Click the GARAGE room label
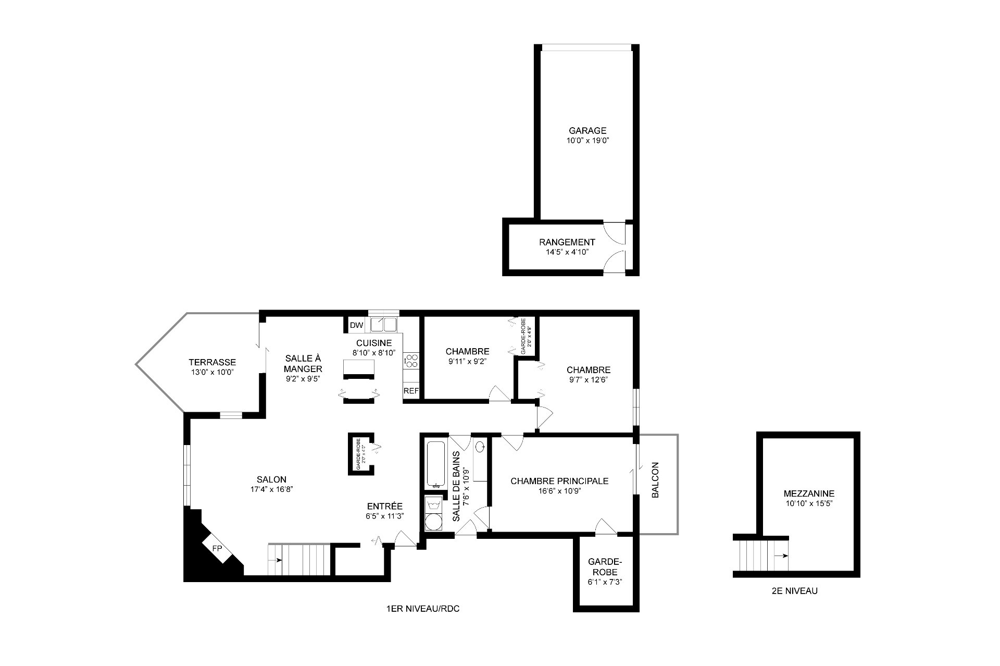coord(587,131)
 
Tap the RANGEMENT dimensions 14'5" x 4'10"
coord(567,252)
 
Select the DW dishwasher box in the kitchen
coord(356,325)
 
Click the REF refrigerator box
coord(411,391)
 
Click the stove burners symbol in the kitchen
coord(411,360)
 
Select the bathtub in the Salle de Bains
coord(435,463)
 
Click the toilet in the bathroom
coord(480,446)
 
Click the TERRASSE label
coord(212,362)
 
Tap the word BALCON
coord(655,480)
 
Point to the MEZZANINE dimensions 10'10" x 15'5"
coord(809,503)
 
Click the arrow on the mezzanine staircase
coord(780,556)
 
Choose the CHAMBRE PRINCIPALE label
coord(559,481)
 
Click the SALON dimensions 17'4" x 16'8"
coord(271,489)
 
